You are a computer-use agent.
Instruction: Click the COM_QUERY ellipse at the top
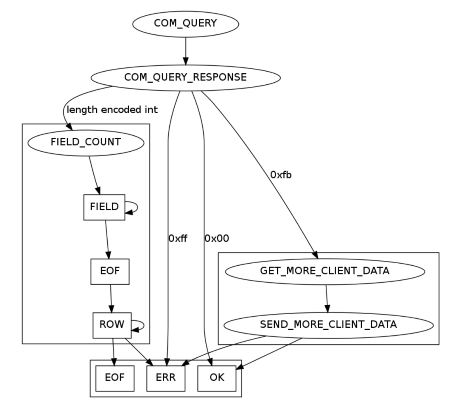coord(185,23)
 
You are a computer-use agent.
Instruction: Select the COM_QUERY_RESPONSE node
coord(185,78)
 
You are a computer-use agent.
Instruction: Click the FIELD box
coord(104,207)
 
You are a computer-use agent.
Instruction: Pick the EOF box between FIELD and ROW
coord(110,272)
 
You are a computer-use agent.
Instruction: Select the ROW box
coord(112,325)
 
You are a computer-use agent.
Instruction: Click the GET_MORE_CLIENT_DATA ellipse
coord(325,271)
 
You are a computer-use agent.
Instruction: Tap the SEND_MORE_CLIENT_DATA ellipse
coord(328,325)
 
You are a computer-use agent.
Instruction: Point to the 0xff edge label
coord(178,239)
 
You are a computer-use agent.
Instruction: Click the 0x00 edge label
coord(216,239)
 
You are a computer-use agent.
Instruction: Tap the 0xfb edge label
coord(280,174)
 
